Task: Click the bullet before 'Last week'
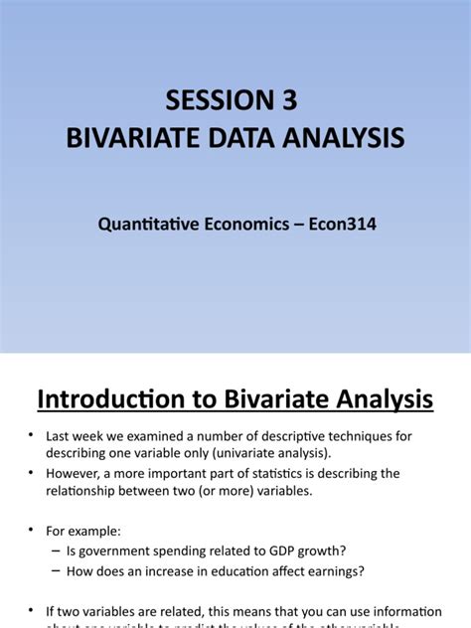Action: (32, 436)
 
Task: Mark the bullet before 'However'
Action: (32, 472)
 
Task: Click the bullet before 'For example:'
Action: (32, 531)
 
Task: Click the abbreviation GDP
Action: (251, 550)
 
